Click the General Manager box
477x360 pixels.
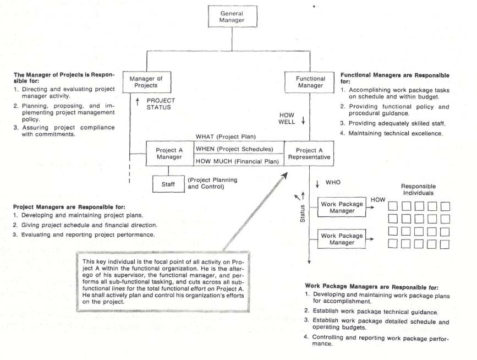click(x=232, y=17)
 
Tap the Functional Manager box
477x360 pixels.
click(x=311, y=83)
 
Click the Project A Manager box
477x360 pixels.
click(x=169, y=152)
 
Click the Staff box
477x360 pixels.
click(x=168, y=183)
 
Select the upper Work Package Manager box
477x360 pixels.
click(x=342, y=208)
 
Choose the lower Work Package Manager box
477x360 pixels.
click(x=342, y=239)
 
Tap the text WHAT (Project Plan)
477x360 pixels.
click(x=226, y=137)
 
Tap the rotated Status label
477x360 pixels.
click(x=301, y=213)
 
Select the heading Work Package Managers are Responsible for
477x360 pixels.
click(x=371, y=287)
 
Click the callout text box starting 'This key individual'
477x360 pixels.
click(x=163, y=281)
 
